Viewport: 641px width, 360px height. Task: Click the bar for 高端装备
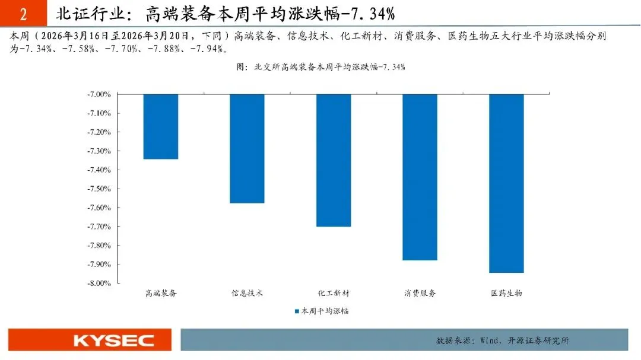(161, 127)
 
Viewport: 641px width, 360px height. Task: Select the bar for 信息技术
(247, 149)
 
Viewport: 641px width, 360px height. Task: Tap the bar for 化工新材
(334, 161)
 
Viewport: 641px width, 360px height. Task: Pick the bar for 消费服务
(420, 177)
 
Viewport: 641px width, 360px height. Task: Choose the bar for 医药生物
(506, 183)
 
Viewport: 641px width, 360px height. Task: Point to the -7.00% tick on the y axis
(99, 94)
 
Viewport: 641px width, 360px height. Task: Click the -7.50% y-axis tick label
(99, 189)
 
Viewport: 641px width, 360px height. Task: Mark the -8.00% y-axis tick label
(99, 283)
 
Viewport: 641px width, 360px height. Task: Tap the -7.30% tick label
(99, 151)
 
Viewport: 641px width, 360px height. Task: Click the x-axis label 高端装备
(161, 293)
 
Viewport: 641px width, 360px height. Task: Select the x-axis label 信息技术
(247, 293)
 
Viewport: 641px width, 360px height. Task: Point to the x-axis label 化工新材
(334, 293)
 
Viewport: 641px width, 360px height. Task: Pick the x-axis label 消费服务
(420, 293)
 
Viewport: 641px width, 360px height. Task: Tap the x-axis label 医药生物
(506, 293)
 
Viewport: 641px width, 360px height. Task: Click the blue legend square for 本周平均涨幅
(297, 311)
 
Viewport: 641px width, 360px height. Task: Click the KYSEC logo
(113, 340)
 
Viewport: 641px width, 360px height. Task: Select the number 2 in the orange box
(23, 14)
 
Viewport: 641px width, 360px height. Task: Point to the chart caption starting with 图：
(321, 66)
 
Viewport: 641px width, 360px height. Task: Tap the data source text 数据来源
(503, 340)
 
